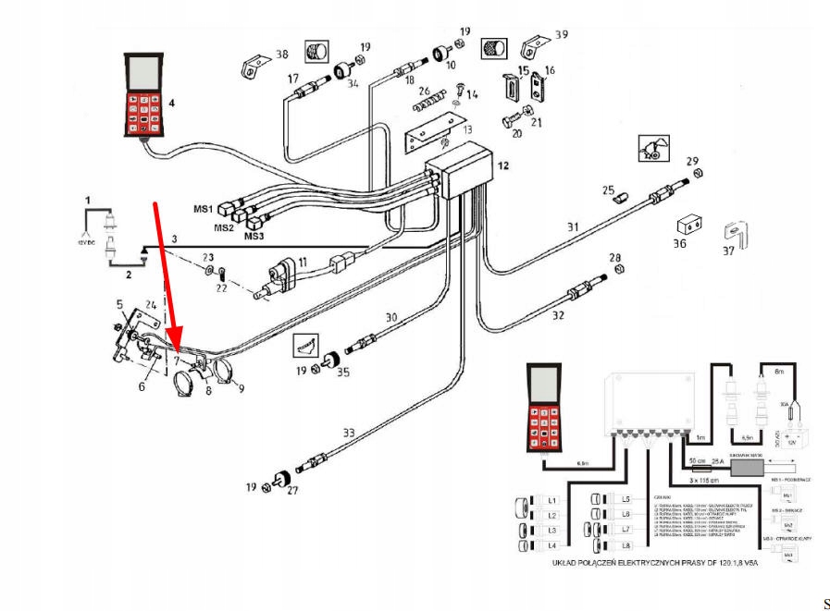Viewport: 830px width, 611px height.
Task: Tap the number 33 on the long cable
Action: tap(348, 432)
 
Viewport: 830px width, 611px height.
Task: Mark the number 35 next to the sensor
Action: tap(344, 373)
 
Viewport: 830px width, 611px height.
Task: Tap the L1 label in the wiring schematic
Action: tap(551, 499)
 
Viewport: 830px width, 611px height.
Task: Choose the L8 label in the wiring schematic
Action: tap(626, 546)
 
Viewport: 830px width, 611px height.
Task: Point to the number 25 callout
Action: tap(608, 190)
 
